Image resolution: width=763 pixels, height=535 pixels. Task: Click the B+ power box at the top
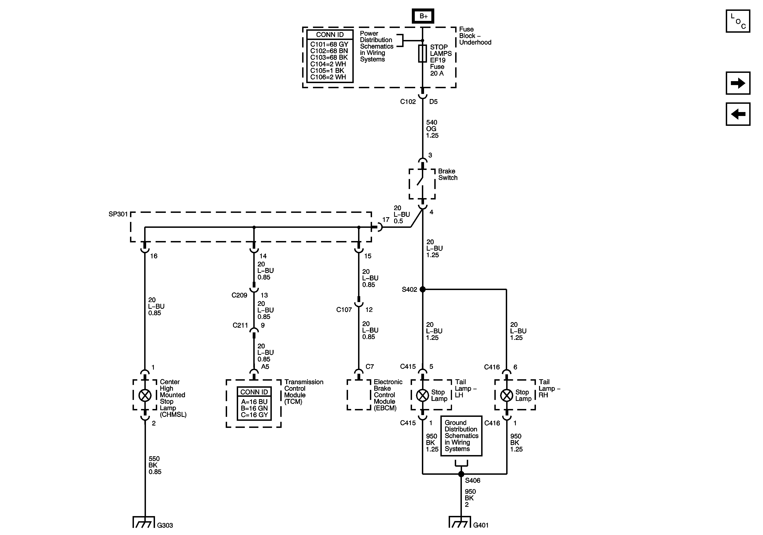(423, 16)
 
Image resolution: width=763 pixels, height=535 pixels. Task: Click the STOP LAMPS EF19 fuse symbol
(422, 54)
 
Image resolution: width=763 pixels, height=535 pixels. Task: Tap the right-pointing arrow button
(738, 83)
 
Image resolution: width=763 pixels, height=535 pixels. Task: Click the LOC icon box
(738, 21)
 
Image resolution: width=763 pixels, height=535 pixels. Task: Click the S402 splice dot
(422, 289)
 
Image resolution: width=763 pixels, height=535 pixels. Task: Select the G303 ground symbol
(144, 522)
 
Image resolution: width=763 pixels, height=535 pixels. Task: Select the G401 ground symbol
(460, 522)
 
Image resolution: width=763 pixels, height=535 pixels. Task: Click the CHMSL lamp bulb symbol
(145, 395)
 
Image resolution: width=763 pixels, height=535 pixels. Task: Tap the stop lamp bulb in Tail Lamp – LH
(422, 395)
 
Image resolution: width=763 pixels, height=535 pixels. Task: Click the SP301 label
(118, 214)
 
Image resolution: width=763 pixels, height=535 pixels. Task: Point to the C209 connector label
(239, 295)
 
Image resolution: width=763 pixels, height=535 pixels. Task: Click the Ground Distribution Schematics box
(461, 436)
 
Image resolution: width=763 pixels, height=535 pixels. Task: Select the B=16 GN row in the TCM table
(254, 408)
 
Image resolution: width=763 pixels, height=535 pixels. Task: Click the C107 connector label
(344, 310)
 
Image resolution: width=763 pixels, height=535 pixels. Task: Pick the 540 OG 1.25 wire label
(432, 129)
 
